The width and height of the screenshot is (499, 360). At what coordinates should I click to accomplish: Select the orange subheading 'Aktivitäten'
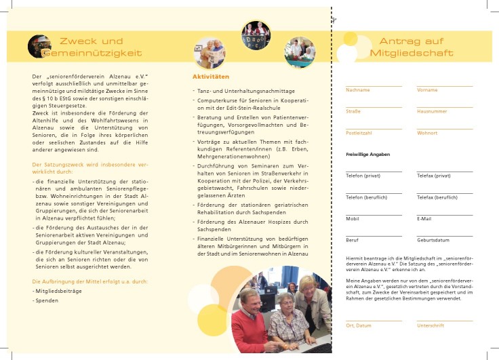[x=211, y=77]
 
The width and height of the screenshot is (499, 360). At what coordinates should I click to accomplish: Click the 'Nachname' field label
[x=357, y=90]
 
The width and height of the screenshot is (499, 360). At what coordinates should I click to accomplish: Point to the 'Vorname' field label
[x=427, y=90]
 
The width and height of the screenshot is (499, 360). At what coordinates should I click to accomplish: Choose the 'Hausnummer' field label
[x=432, y=111]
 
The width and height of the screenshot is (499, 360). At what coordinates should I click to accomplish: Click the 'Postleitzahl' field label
[x=359, y=133]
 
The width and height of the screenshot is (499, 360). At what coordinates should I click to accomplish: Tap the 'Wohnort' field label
[x=428, y=133]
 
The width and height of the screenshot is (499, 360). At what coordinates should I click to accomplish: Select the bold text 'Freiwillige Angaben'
[x=367, y=155]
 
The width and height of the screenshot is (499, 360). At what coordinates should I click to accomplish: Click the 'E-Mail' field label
[x=424, y=219]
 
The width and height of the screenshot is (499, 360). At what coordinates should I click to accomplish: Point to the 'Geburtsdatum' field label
[x=433, y=240]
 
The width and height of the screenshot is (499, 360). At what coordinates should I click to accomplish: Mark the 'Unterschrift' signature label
[x=430, y=325]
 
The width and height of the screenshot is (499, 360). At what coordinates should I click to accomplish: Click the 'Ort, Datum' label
[x=359, y=325]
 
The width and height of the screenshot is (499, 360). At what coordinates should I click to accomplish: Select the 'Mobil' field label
[x=353, y=219]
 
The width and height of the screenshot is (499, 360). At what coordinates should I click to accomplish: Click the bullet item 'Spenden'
[x=47, y=300]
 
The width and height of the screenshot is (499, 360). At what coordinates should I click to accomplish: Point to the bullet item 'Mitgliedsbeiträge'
[x=58, y=290]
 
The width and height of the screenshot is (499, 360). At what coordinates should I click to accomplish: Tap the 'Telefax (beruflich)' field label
[x=437, y=197]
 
